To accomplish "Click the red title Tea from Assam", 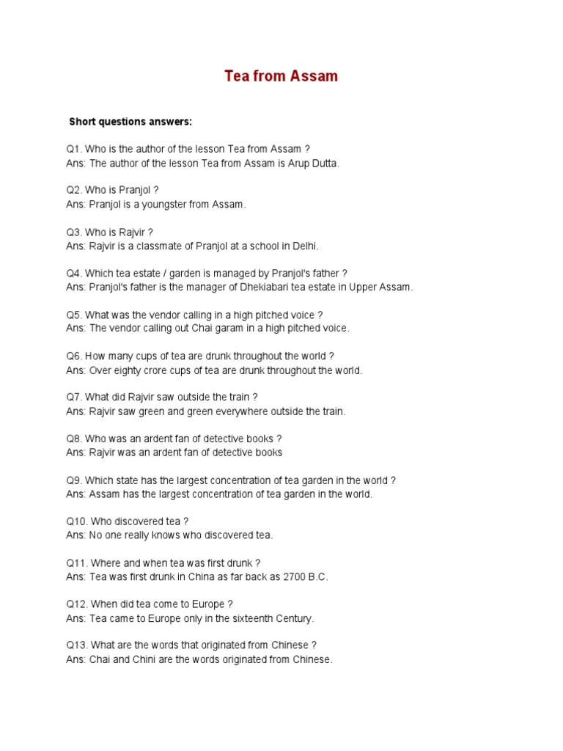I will point(281,76).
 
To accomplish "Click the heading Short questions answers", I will point(130,121).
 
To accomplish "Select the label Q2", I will point(74,190).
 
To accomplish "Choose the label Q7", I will point(74,397).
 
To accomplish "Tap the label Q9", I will point(74,480).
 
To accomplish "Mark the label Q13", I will point(77,645).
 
